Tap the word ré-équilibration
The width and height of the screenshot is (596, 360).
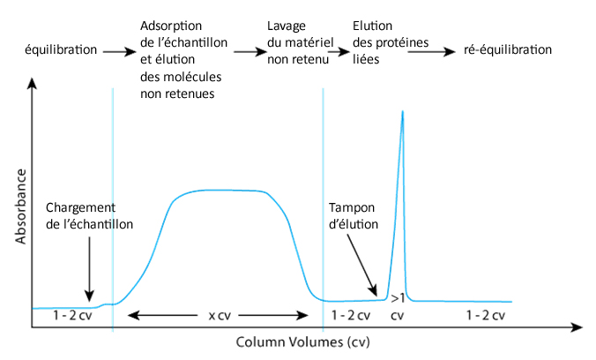click(508, 49)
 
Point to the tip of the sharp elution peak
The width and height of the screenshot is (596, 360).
click(403, 112)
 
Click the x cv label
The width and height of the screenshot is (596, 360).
click(219, 315)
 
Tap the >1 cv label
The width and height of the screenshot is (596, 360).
click(397, 305)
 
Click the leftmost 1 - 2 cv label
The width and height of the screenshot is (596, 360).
click(71, 315)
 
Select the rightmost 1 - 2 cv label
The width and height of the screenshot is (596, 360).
click(484, 315)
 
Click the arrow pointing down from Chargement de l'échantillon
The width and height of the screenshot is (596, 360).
click(88, 269)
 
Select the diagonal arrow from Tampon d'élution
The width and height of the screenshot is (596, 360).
click(362, 265)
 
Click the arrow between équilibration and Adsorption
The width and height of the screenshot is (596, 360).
click(118, 52)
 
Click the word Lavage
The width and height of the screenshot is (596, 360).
click(287, 25)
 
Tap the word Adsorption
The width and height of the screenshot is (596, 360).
click(170, 25)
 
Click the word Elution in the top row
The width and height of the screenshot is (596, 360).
click(371, 25)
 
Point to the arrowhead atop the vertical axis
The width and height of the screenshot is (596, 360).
click(32, 85)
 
